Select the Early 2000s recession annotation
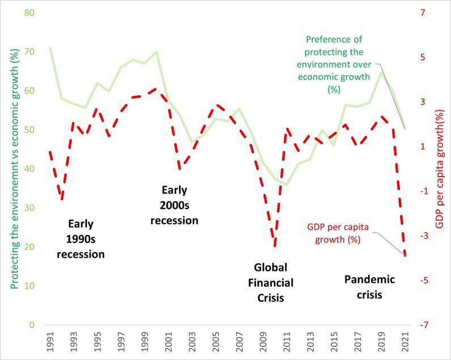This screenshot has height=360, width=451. tap(174, 205)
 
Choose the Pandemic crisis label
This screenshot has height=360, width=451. tap(370, 287)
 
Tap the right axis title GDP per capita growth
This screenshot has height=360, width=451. tap(440, 170)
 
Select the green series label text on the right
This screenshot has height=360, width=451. tap(334, 65)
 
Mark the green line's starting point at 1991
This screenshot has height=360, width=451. tap(50, 48)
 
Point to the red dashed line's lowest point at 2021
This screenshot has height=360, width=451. tap(405, 256)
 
